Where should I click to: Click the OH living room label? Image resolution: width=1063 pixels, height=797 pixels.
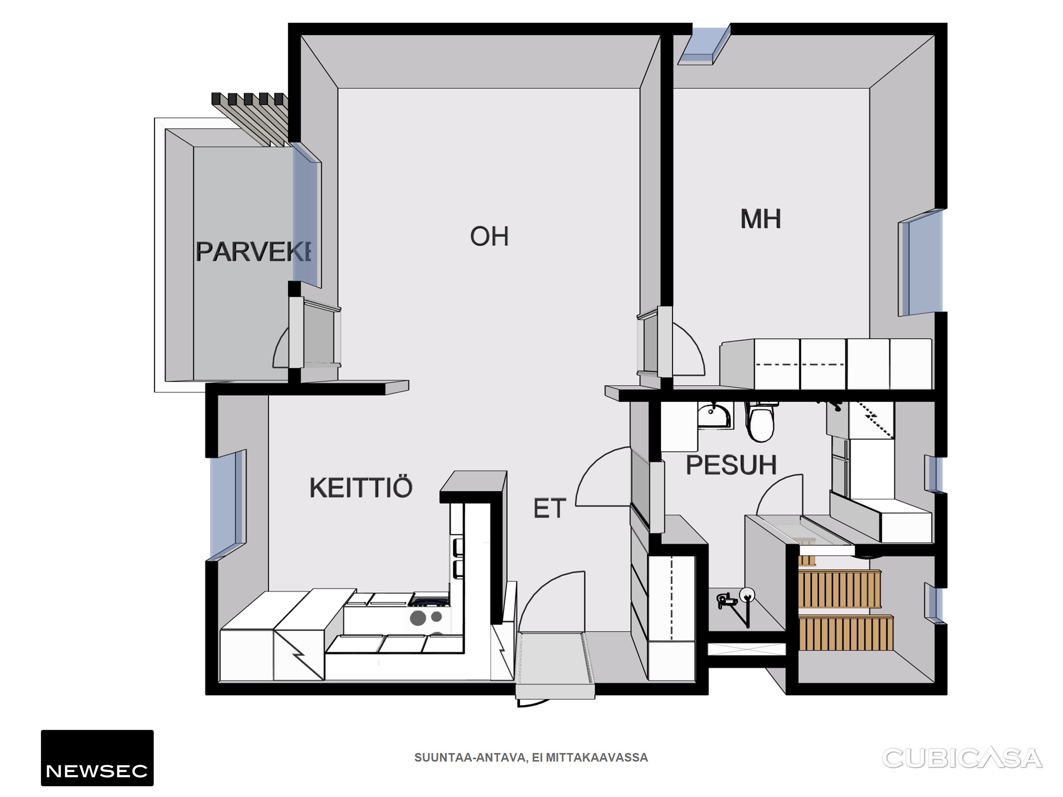(x=489, y=236)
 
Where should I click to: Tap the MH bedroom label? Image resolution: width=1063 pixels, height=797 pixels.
(x=761, y=219)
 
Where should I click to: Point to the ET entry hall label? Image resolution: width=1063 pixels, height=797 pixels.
(x=550, y=508)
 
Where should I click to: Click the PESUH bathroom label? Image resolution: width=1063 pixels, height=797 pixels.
(x=731, y=465)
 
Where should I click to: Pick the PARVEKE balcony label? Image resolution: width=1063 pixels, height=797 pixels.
(x=253, y=251)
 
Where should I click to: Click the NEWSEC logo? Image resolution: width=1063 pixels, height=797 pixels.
(x=97, y=758)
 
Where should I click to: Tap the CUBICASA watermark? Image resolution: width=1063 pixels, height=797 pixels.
(x=962, y=758)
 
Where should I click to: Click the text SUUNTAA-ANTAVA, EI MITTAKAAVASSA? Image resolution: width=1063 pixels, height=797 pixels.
(x=531, y=758)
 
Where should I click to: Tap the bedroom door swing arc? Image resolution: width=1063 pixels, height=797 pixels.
(x=689, y=348)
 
